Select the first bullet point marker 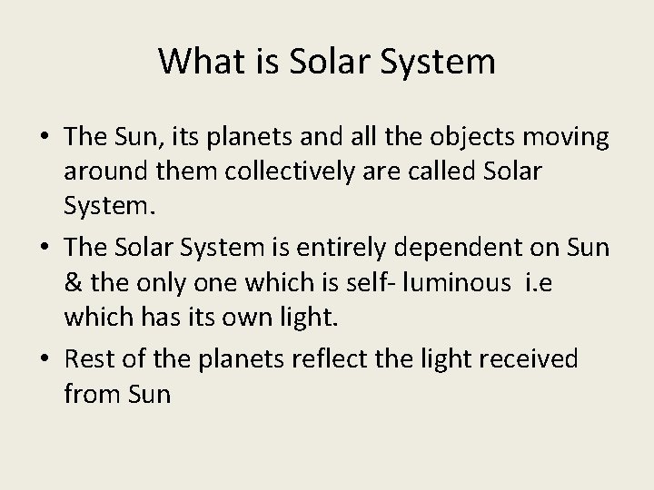(43, 138)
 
